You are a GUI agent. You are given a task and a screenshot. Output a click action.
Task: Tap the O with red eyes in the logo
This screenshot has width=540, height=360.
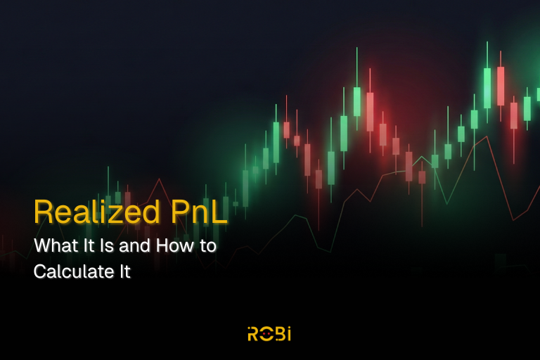[x=266, y=334]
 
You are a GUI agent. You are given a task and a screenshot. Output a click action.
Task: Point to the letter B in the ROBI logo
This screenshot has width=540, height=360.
[x=278, y=334]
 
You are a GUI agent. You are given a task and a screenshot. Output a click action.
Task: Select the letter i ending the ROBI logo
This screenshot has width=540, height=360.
[x=288, y=334]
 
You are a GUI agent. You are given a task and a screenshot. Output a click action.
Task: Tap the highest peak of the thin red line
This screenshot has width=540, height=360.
[x=487, y=137]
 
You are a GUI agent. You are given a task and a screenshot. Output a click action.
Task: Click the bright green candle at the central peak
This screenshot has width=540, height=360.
[x=357, y=101]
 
